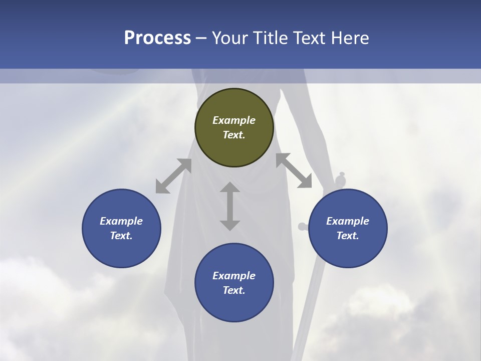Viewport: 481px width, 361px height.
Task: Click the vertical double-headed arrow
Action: pyautogui.click(x=230, y=206)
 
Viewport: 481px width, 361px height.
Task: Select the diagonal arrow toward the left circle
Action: pyautogui.click(x=173, y=176)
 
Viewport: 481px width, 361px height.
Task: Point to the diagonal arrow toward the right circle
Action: pyautogui.click(x=294, y=170)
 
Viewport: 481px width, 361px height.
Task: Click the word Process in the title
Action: pyautogui.click(x=157, y=38)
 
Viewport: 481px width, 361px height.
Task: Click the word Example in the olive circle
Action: pyautogui.click(x=234, y=120)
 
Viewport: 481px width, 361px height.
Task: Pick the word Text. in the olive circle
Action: pyautogui.click(x=234, y=135)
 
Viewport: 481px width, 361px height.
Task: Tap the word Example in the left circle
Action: pyautogui.click(x=121, y=221)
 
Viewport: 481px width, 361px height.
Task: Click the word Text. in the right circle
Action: pyautogui.click(x=348, y=236)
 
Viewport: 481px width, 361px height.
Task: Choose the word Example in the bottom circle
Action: pyautogui.click(x=234, y=276)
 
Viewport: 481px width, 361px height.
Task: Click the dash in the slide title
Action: pyautogui.click(x=201, y=38)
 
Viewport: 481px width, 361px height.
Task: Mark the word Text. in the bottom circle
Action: pyautogui.click(x=234, y=290)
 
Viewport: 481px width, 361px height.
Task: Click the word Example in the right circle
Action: pyautogui.click(x=348, y=221)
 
